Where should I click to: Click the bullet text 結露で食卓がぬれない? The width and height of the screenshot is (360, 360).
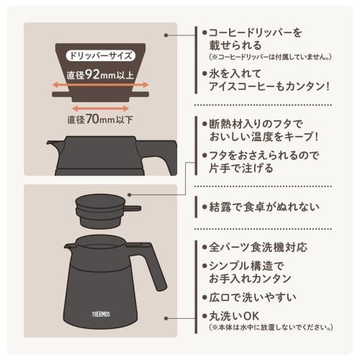pyautogui.click(x=258, y=207)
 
